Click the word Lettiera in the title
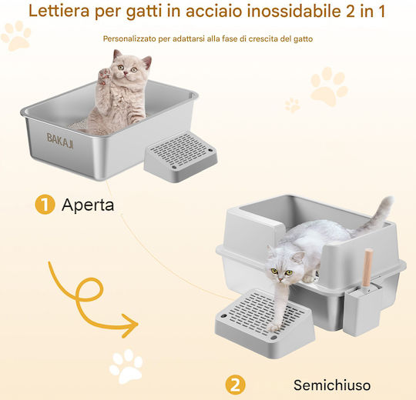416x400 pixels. point(59,11)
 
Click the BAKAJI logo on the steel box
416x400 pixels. point(60,141)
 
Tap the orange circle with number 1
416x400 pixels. point(45,205)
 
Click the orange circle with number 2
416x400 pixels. point(235,385)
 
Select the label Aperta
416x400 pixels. point(88,205)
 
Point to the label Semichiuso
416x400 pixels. point(332,385)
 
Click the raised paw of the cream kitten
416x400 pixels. point(104,75)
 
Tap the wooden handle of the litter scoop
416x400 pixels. point(367,268)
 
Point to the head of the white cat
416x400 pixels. point(282,265)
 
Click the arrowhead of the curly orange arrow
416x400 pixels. point(130,325)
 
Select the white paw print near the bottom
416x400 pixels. point(126,366)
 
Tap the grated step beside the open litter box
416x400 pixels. point(180,157)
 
